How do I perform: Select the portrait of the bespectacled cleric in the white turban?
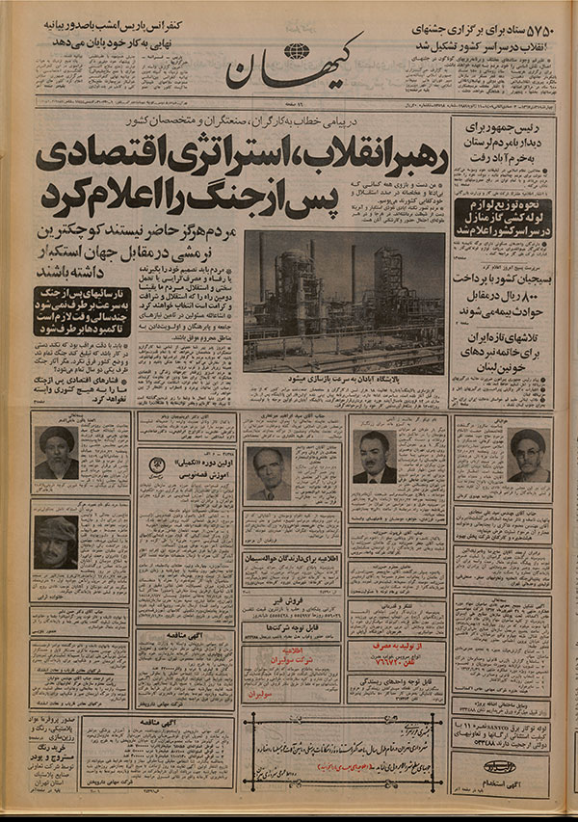[x=524, y=454]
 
